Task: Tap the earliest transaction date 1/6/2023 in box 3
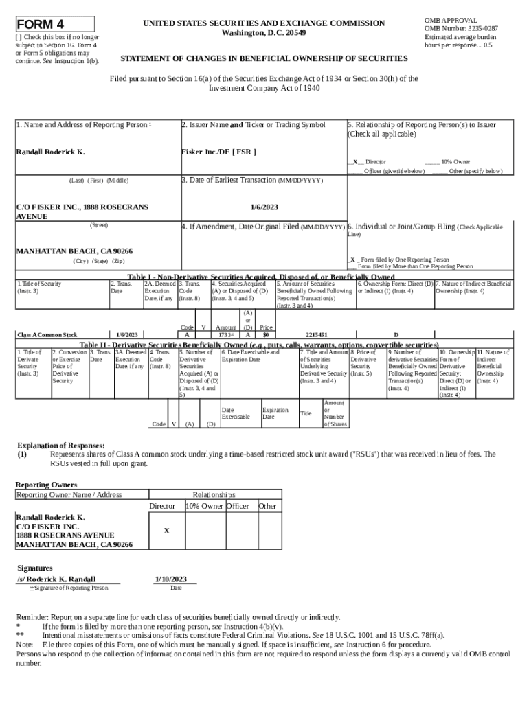264,206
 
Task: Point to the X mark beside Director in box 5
354,162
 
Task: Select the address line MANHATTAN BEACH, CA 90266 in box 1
74,251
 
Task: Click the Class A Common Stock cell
47,335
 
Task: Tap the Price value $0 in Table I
265,335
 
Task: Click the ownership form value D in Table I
395,335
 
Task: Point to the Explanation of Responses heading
60,446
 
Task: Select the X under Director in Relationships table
166,531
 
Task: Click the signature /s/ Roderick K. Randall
56,579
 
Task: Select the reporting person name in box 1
50,152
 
